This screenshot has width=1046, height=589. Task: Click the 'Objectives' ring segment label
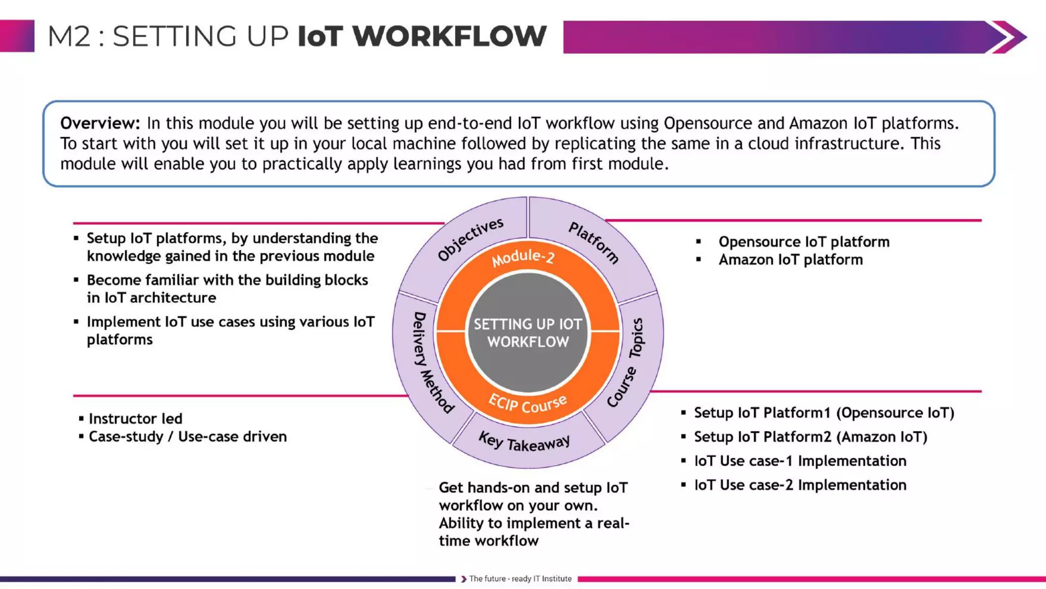pos(470,239)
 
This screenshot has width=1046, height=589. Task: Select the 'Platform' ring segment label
pos(594,242)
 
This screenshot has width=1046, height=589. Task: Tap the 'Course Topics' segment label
pos(626,363)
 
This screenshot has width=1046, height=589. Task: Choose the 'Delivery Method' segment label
pos(432,363)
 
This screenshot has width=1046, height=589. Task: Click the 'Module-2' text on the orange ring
pos(523,258)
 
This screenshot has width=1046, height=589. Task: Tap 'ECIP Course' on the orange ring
pos(528,404)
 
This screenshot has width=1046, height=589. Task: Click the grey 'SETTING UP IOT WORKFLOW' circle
pos(528,332)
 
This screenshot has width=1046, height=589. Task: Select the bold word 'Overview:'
pos(100,123)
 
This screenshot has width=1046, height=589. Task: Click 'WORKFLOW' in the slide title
pos(449,36)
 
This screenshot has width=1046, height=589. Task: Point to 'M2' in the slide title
pos(69,37)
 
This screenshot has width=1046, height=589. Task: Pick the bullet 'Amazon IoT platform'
pos(791,260)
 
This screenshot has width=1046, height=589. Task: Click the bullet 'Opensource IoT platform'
pos(804,242)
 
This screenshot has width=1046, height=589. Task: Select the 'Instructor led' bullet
pos(135,419)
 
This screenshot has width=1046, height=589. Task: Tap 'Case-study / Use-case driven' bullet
pos(187,437)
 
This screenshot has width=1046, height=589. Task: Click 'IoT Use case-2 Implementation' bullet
pos(800,485)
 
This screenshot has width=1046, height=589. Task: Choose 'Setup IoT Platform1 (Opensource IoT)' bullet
pos(824,413)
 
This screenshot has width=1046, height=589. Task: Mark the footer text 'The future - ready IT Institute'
pos(520,579)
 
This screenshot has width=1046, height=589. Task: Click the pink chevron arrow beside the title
pos(1009,37)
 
